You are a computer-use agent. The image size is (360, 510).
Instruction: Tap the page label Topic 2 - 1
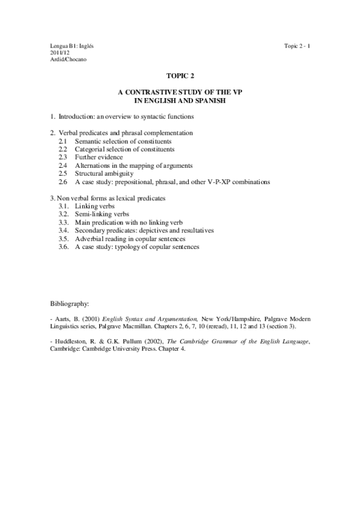point(296,46)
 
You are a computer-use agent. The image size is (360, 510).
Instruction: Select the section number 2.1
point(63,141)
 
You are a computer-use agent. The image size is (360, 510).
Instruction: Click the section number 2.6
point(63,181)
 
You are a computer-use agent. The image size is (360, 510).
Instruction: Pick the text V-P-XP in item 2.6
point(231,181)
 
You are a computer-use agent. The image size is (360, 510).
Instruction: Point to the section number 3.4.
point(64,230)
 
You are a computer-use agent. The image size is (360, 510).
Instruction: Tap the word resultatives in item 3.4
point(196,230)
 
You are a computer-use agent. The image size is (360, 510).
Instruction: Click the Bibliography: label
point(70,304)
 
